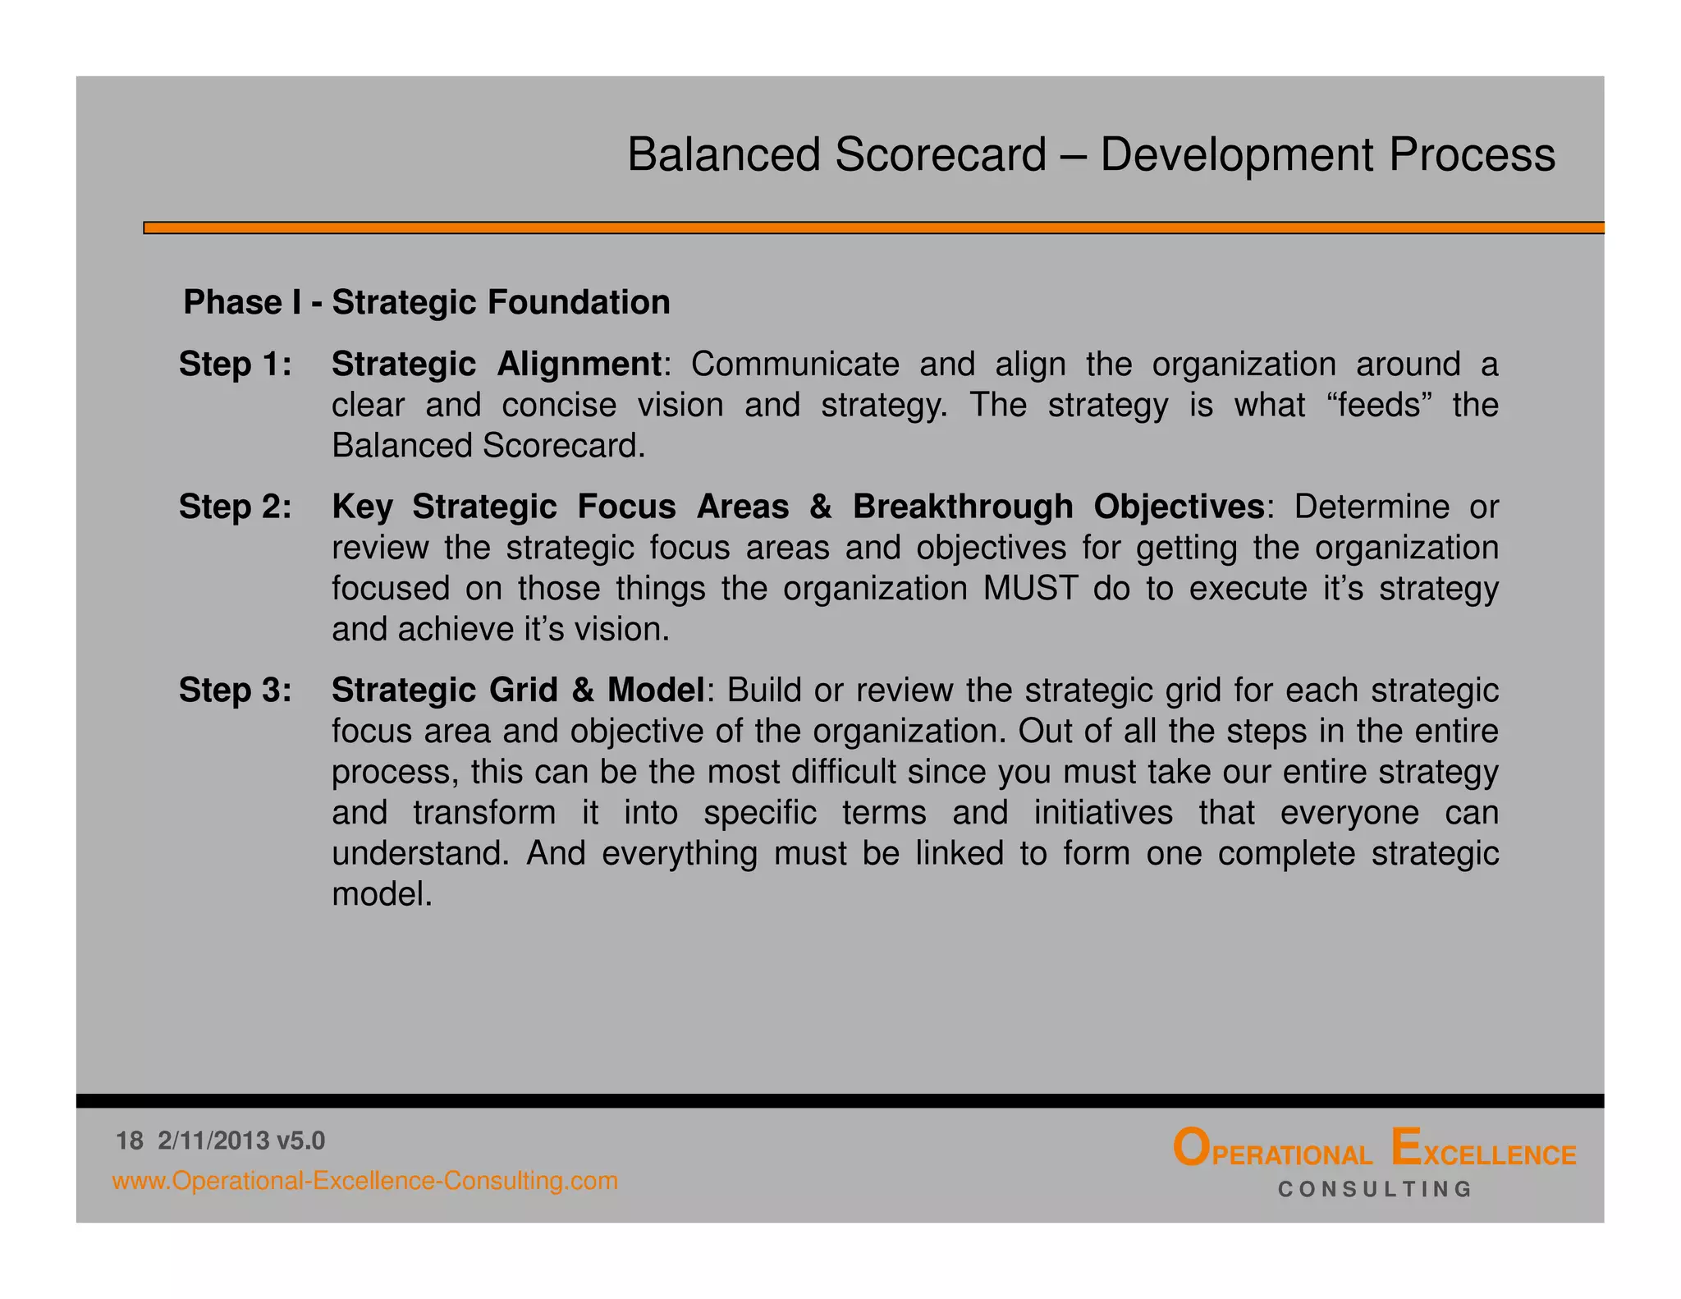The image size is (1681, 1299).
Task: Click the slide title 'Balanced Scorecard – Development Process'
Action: point(1091,154)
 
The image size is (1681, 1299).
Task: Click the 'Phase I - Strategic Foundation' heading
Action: point(427,302)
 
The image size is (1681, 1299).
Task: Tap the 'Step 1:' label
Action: point(236,364)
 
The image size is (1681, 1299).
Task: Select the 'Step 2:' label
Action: point(236,507)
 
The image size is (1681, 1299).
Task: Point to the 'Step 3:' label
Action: point(236,691)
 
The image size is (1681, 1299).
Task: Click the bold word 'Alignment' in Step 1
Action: point(579,365)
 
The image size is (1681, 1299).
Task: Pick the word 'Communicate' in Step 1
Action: point(795,364)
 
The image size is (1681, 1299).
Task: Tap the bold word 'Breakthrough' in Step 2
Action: point(963,507)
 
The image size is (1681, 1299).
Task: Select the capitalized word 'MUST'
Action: point(1030,589)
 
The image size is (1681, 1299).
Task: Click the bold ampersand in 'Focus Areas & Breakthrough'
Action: point(821,507)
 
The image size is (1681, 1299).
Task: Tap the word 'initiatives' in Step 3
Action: point(1103,813)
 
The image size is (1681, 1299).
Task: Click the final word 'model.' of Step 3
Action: point(382,894)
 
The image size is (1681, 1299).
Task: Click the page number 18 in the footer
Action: point(130,1141)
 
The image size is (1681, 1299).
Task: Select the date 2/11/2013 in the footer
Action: point(213,1141)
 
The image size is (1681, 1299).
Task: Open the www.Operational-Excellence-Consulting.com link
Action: point(365,1181)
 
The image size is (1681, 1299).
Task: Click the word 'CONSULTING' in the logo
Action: point(1375,1189)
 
